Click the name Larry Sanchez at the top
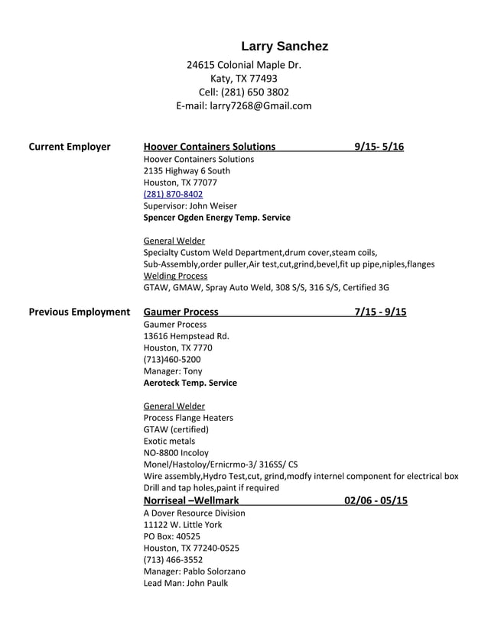tap(285, 47)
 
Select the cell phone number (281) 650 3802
tap(243, 92)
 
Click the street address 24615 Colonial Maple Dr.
tap(243, 65)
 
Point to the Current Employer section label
tap(70, 147)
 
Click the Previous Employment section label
tap(79, 312)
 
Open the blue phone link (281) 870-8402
tap(173, 194)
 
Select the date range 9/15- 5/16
tap(379, 147)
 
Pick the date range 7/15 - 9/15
tap(380, 312)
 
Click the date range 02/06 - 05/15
tap(376, 501)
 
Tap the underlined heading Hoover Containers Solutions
tap(210, 147)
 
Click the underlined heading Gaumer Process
tap(181, 312)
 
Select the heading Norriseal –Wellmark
tap(191, 501)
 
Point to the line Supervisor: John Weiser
tap(190, 205)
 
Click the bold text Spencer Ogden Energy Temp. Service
tap(216, 218)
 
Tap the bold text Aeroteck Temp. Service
tap(190, 383)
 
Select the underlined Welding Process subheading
tap(175, 276)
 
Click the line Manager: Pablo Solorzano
tap(194, 571)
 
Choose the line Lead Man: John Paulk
tap(185, 583)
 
